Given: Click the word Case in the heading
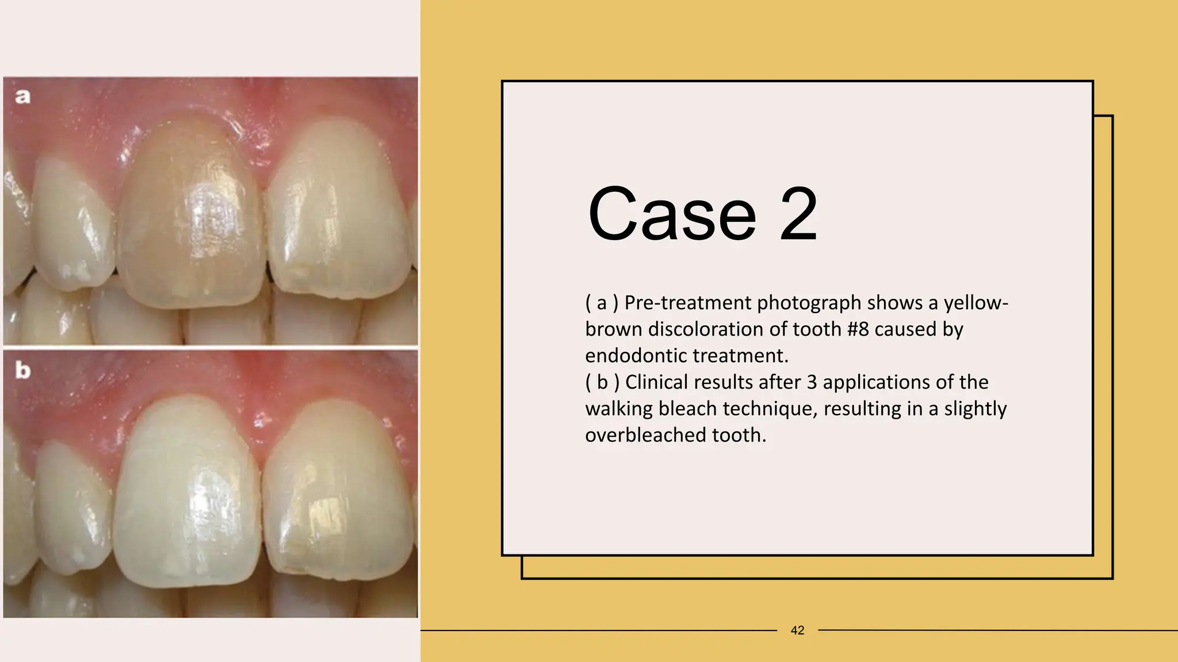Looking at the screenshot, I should [672, 214].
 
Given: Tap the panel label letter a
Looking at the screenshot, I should [22, 96].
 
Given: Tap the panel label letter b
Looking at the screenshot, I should [22, 370].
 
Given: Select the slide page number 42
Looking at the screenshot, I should [797, 630].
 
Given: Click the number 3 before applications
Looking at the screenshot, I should [812, 382].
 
